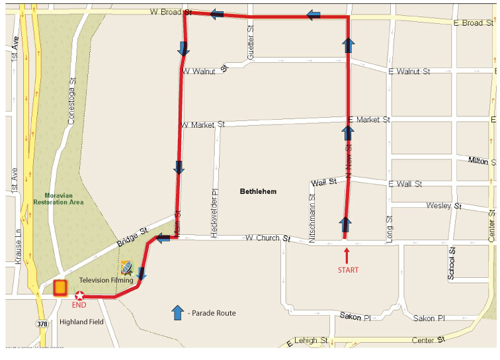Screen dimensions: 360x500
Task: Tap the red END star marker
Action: pyautogui.click(x=80, y=296)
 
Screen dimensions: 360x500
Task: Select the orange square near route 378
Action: pyautogui.click(x=60, y=287)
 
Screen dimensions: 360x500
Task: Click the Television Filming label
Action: pyautogui.click(x=106, y=281)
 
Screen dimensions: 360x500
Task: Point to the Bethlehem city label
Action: pyautogui.click(x=258, y=191)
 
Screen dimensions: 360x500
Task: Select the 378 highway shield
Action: pyautogui.click(x=42, y=324)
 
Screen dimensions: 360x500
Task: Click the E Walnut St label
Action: pyautogui.click(x=409, y=71)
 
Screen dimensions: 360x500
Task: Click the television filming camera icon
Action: pyautogui.click(x=127, y=268)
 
